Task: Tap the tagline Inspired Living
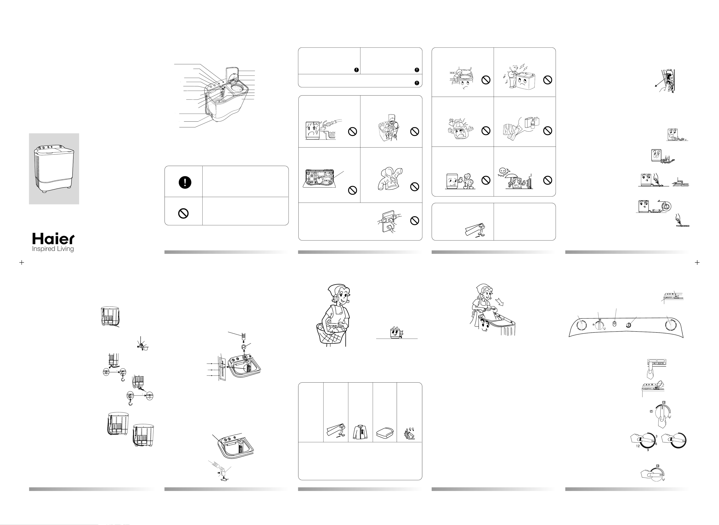tap(53, 249)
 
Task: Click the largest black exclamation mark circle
tap(185, 182)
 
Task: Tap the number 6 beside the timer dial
tap(656, 444)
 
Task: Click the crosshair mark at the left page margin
tap(22, 262)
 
